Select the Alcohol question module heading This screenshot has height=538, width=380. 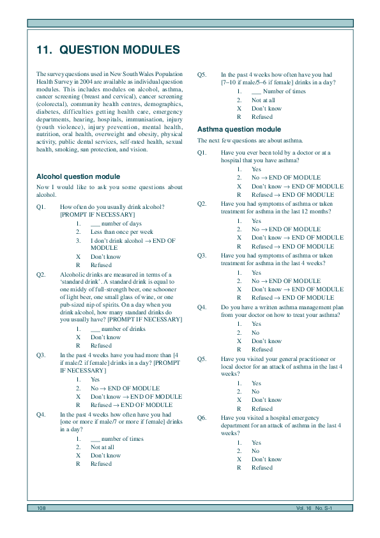(78, 176)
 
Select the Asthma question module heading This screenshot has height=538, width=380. (239, 130)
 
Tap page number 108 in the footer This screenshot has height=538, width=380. (42, 507)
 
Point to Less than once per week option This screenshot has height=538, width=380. (121, 232)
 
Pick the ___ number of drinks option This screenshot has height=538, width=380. (118, 329)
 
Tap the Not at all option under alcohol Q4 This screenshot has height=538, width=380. (103, 447)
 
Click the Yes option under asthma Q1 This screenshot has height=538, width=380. (256, 169)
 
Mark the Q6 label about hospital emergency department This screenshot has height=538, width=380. (202, 418)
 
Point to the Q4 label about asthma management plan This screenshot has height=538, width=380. (202, 307)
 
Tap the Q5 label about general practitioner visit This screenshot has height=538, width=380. (202, 359)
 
